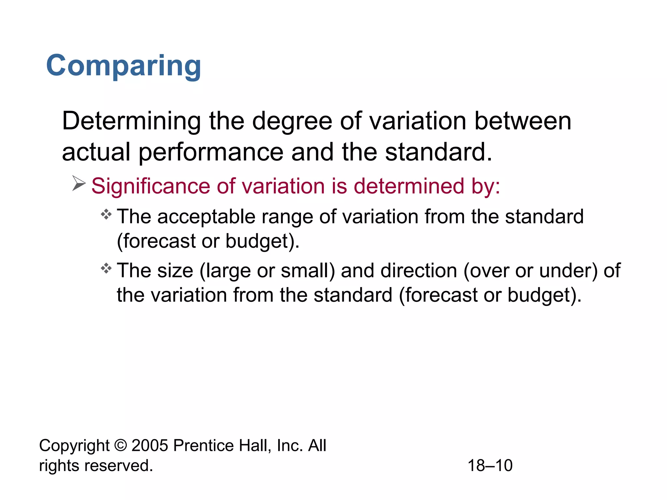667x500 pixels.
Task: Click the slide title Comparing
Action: click(x=123, y=66)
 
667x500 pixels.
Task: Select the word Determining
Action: click(x=131, y=121)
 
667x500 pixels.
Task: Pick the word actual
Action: click(x=96, y=152)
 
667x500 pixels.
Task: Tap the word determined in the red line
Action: click(x=408, y=186)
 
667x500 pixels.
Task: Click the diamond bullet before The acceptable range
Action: click(x=106, y=215)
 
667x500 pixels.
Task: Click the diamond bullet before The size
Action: click(x=106, y=269)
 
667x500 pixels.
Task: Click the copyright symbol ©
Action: click(x=121, y=445)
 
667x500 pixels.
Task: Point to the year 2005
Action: click(x=150, y=445)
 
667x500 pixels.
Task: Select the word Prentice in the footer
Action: click(x=203, y=445)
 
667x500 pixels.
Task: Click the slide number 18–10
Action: click(x=490, y=465)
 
